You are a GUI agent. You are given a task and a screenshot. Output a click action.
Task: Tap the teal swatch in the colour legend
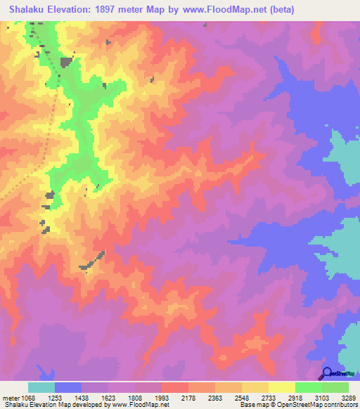click(x=41, y=387)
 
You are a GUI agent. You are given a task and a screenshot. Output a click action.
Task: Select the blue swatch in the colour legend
click(x=68, y=387)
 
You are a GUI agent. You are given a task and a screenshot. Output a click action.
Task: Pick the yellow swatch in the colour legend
click(x=282, y=387)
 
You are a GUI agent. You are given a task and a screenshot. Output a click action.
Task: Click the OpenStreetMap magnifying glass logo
click(x=327, y=373)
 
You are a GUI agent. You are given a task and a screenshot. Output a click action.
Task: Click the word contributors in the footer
click(x=341, y=405)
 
